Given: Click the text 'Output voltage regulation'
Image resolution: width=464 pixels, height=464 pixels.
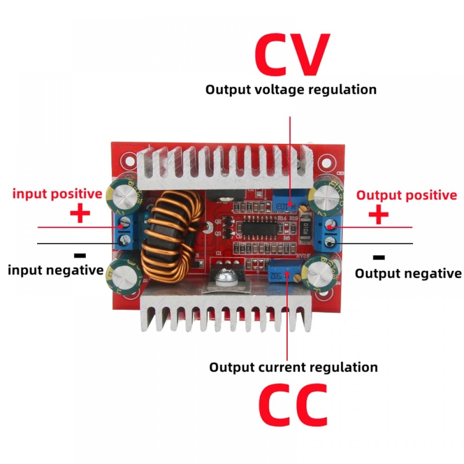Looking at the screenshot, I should tap(291, 89).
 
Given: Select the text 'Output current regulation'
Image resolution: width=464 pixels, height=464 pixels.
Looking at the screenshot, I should tap(293, 367).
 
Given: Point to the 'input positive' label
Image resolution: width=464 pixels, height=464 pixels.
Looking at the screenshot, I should tap(57, 193).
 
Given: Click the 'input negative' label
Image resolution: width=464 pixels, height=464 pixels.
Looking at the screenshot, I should tap(55, 270).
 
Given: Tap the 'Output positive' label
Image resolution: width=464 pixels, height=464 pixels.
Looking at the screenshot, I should tap(406, 195).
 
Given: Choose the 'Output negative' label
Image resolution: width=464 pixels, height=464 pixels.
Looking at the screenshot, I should tap(408, 273).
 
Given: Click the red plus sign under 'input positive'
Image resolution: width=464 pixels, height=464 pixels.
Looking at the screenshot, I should tap(80, 214).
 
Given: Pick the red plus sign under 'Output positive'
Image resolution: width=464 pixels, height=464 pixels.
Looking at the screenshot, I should tap(378, 215).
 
